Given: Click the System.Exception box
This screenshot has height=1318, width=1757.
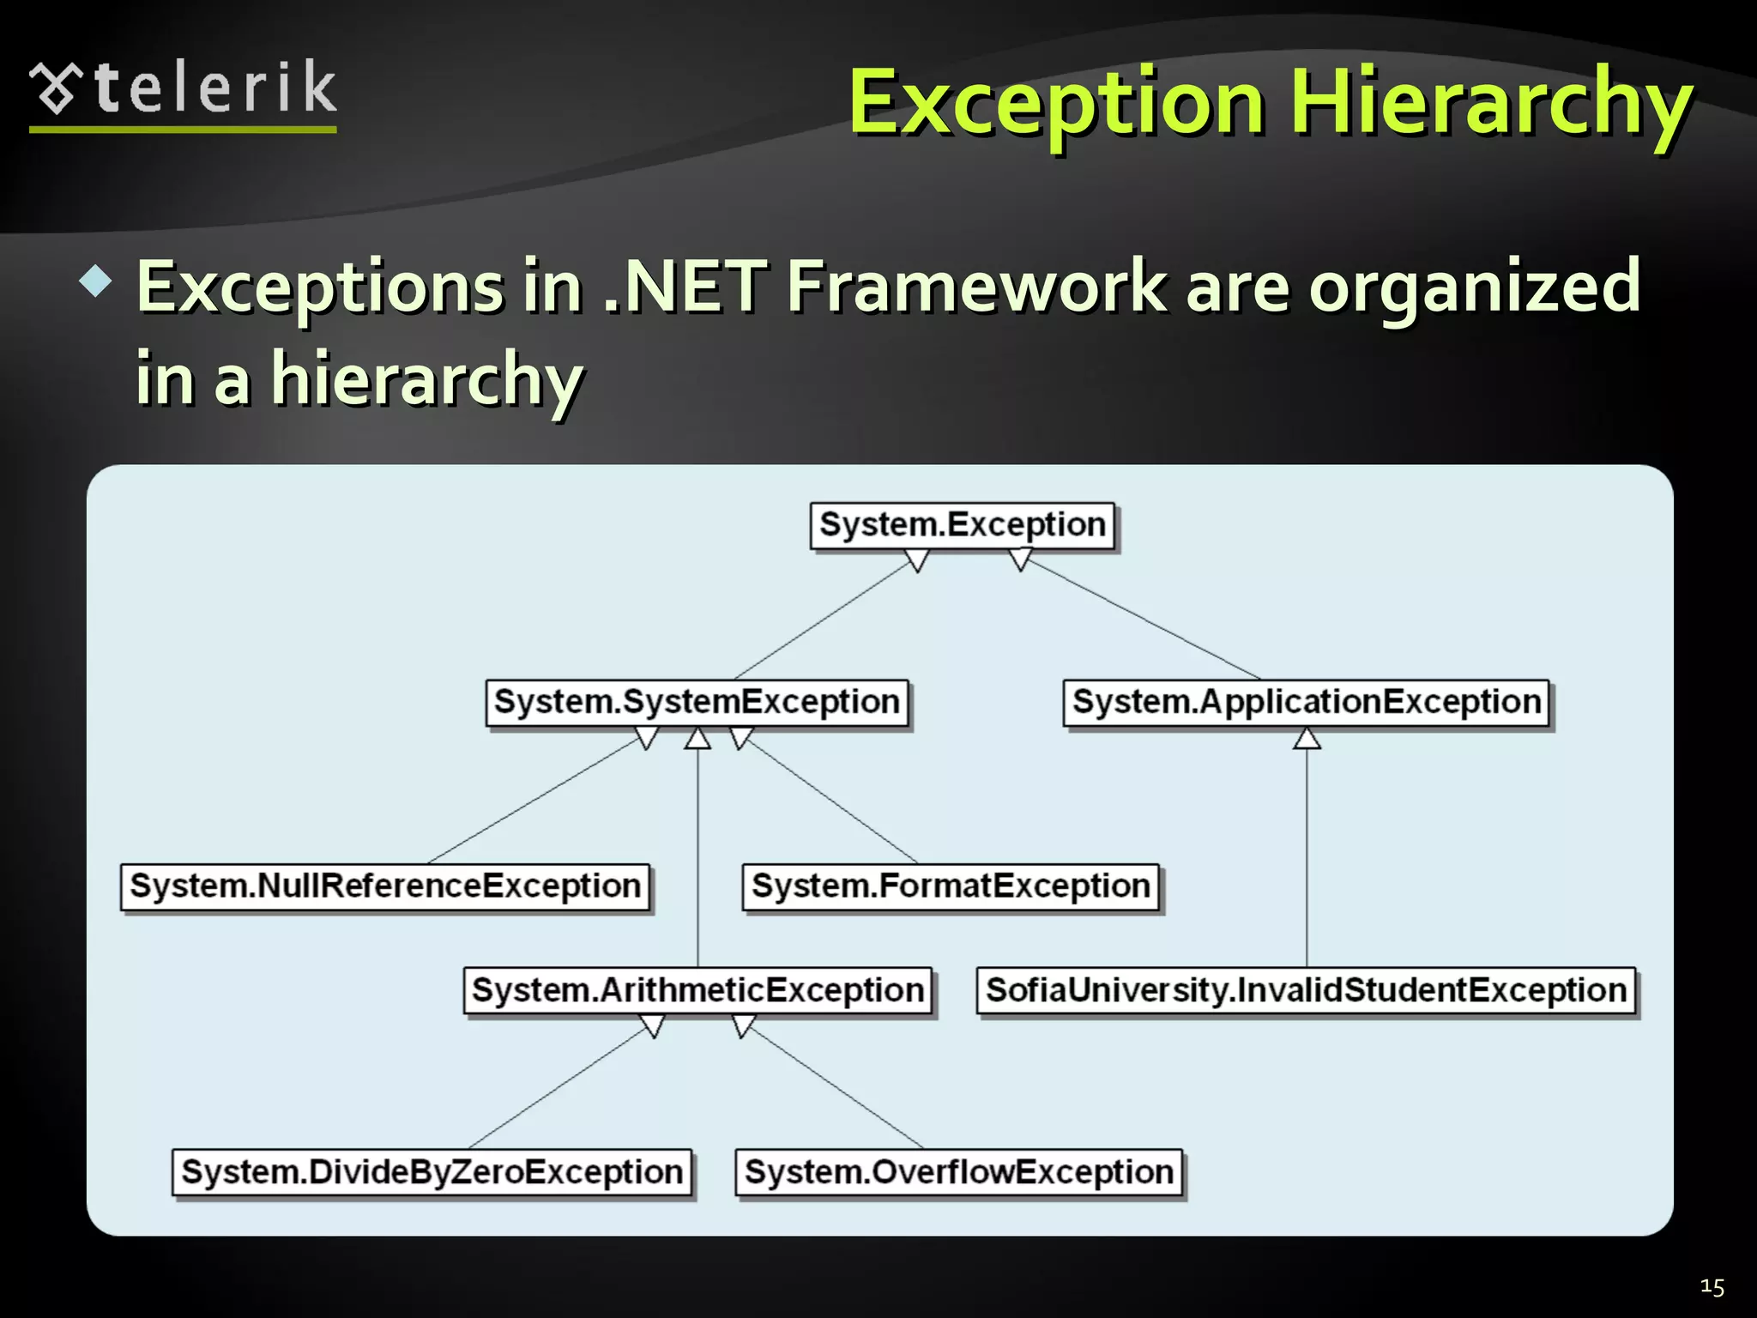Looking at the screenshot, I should coord(962,525).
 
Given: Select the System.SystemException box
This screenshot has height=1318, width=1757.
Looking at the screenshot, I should coord(697,703).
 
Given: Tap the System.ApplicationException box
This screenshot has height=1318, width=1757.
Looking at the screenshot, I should coord(1306,703).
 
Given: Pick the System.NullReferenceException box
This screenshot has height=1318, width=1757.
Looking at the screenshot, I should coord(385,886).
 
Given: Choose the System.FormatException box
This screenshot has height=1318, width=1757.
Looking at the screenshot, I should coord(951,886).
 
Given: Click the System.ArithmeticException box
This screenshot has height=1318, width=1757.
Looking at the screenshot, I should coord(697,991).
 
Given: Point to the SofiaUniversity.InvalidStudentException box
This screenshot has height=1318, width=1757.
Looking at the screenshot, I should coord(1306,991).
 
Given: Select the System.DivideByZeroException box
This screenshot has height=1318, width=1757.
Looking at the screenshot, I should coord(432,1172).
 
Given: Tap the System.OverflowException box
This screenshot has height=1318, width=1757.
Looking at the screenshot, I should coord(958,1172).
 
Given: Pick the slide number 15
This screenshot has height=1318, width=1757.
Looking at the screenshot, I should coord(1712,1287).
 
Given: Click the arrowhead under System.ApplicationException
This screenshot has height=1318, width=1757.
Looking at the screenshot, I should coord(1307,739).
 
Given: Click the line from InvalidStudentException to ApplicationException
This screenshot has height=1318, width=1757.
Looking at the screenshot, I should coord(1307,858).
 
